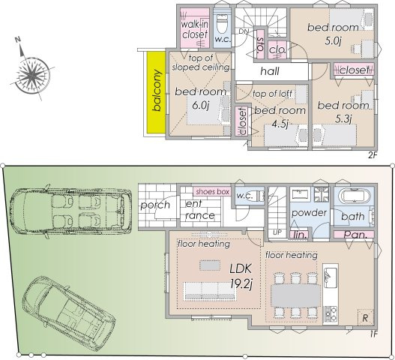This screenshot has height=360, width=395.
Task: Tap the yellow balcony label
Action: (157, 92)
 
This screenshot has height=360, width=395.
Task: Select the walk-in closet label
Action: (194, 29)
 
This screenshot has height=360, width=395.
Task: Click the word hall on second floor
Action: (271, 70)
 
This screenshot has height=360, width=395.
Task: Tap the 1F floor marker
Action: (373, 333)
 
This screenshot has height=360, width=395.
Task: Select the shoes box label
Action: (212, 192)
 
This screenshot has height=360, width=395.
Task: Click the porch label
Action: (154, 205)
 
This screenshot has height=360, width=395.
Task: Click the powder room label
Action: (309, 212)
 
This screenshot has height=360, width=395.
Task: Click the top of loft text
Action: (272, 93)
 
